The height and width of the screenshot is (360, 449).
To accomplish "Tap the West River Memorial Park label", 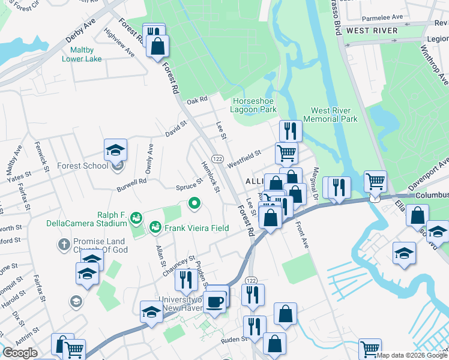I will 334,115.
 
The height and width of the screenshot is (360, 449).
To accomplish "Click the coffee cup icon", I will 214,301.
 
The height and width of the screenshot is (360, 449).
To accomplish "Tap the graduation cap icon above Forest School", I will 116,150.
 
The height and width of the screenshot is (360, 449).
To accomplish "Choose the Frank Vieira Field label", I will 198,228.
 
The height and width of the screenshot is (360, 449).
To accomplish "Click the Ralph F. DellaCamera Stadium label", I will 87,219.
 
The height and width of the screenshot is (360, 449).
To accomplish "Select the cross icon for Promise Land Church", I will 64,244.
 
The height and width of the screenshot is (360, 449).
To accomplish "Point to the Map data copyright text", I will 412,355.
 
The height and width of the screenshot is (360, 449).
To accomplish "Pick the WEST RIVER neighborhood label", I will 372,31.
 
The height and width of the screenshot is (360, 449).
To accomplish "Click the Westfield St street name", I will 243,154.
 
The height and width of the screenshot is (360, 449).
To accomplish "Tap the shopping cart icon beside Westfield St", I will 287,153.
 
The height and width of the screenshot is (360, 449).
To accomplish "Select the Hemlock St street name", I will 210,178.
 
